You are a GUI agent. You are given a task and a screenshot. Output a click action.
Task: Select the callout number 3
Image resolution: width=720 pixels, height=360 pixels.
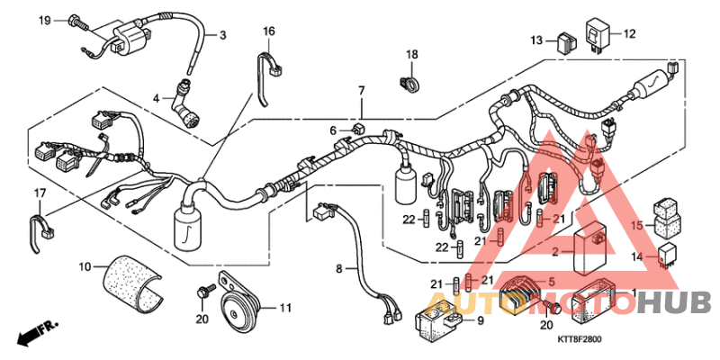[223, 35]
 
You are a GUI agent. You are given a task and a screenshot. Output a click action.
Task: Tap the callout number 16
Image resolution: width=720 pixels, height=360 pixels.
[268, 31]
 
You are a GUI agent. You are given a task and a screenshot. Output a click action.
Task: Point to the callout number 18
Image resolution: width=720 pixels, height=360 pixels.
[411, 56]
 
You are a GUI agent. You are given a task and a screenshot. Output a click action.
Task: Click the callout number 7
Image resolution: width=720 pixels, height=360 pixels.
[361, 91]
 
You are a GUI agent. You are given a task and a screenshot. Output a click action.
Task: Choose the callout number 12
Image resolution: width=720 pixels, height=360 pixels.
[629, 34]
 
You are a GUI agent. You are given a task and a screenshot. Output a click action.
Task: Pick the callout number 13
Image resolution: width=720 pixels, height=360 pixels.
[536, 40]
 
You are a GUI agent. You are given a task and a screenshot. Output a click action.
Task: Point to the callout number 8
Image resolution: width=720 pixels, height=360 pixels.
[339, 268]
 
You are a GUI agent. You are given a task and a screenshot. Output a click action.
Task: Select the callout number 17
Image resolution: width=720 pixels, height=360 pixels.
[40, 193]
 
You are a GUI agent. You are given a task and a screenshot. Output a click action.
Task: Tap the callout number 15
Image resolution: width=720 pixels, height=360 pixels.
[634, 225]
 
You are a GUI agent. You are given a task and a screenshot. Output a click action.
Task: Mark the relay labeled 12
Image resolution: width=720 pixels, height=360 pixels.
[598, 33]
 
